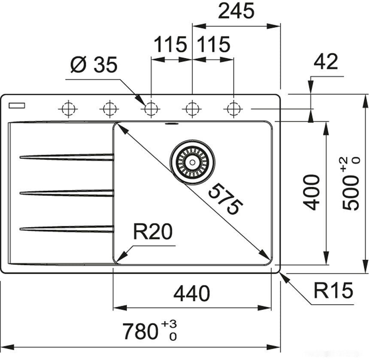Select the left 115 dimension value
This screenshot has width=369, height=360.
[x=170, y=44]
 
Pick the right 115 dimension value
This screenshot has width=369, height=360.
[x=213, y=44]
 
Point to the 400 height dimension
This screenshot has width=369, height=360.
[x=312, y=192]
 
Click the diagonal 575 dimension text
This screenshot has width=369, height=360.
[x=224, y=200]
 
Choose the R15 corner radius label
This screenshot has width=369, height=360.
[x=333, y=291]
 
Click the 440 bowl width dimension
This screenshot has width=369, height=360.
[x=192, y=294]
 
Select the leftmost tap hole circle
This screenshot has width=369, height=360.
[x=68, y=108]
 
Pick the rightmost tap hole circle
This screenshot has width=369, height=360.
[x=233, y=108]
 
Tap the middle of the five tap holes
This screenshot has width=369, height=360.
[x=151, y=108]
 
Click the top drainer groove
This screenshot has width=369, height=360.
[x=67, y=157]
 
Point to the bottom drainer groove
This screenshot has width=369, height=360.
[x=67, y=228]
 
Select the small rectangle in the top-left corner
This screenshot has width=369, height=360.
[x=18, y=105]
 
